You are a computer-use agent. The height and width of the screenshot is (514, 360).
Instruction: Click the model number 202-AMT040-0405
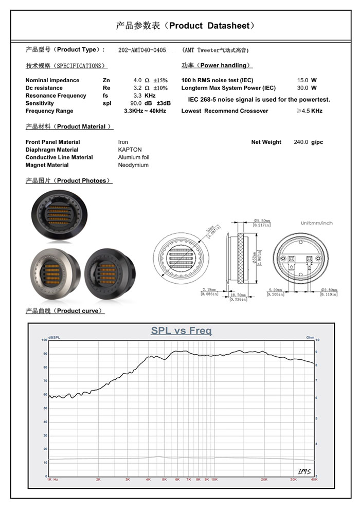tap(142, 50)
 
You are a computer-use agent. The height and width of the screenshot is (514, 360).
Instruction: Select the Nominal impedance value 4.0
tap(137, 81)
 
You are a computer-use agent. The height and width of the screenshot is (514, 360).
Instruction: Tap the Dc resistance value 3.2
tap(137, 88)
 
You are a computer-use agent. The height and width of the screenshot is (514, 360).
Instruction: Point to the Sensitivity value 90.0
tap(136, 104)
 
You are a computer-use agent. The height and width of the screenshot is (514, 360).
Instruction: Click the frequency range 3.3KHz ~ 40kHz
tap(145, 112)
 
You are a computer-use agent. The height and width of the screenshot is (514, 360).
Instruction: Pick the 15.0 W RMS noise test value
tap(302, 81)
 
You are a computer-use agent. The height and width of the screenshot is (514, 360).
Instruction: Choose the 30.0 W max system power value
tap(302, 88)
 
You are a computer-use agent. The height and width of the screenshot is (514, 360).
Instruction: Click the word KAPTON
tap(130, 150)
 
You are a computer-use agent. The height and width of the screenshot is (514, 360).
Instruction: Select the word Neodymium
tap(133, 166)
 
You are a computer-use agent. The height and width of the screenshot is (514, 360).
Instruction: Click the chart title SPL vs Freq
tap(181, 331)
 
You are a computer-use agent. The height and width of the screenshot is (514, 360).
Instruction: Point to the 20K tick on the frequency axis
tap(264, 479)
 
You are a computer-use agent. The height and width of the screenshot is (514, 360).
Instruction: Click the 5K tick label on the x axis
tap(165, 479)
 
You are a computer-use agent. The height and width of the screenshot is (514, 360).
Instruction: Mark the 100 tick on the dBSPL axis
tap(44, 340)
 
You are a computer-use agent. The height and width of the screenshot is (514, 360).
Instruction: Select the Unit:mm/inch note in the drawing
tap(317, 223)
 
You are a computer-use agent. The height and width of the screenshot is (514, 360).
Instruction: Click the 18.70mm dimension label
tap(238, 296)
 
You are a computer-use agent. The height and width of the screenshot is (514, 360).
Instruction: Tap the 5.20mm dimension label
tap(275, 290)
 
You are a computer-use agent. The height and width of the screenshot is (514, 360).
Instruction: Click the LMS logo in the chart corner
tap(304, 471)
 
